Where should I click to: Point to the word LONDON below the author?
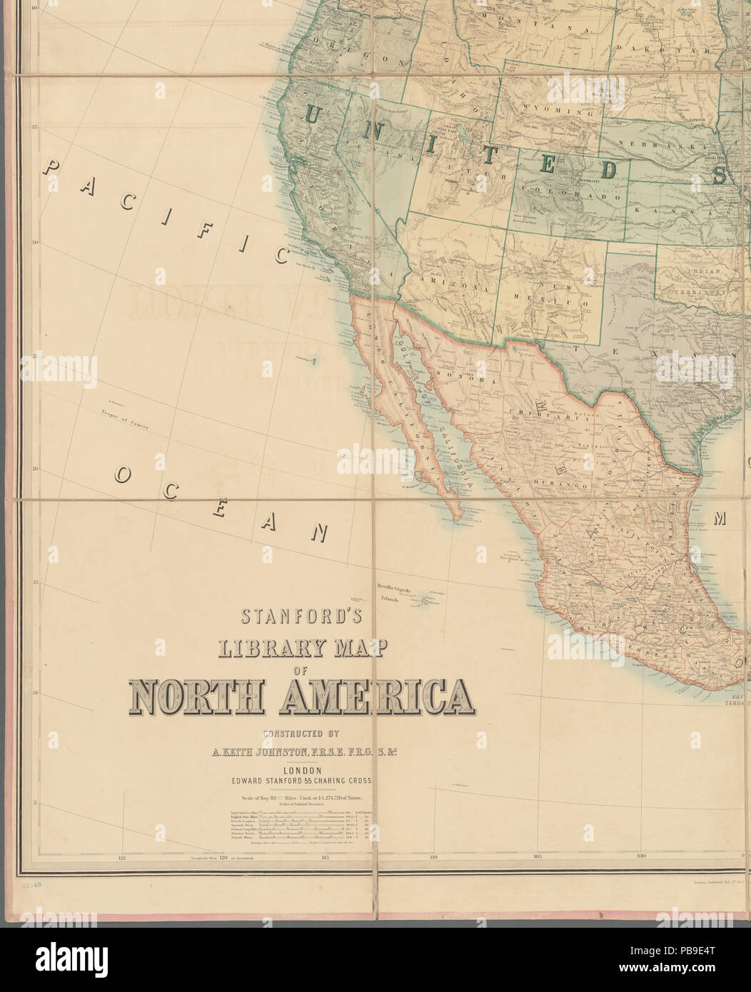304,770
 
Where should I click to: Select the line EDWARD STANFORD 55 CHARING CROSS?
304,781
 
